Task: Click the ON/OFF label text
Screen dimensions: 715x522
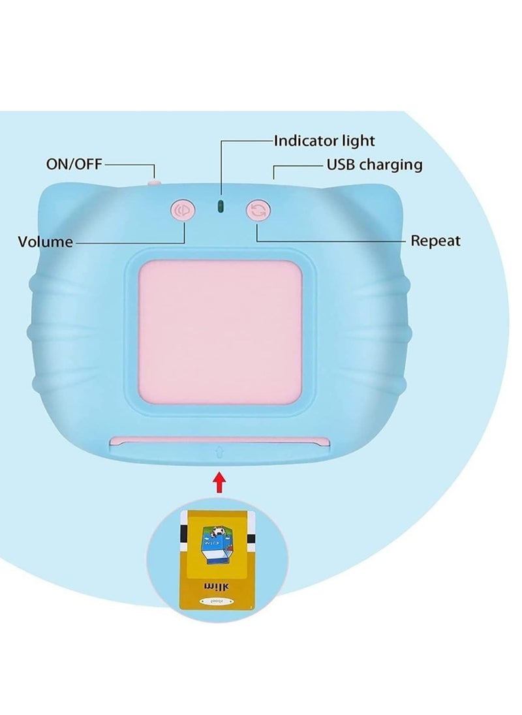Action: [x=74, y=164]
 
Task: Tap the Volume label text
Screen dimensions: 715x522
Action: [x=46, y=242]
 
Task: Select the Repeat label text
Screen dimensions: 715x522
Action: [x=435, y=241]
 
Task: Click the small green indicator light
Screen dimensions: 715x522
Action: [x=221, y=207]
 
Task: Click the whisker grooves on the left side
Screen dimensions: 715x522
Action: [x=40, y=333]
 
